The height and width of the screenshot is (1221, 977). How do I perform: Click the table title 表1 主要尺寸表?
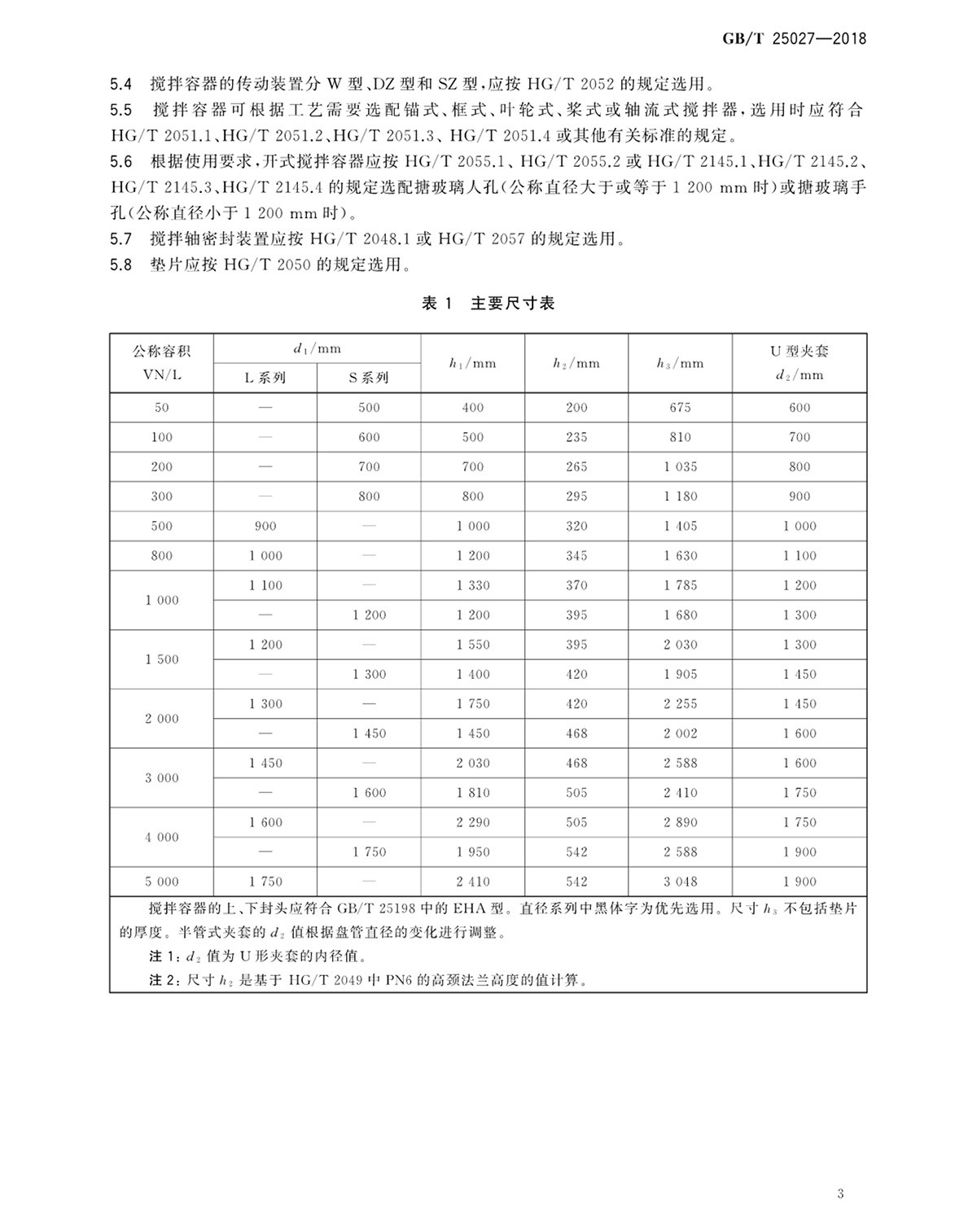[x=488, y=304]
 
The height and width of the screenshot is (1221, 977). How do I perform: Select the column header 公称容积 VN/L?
[x=162, y=363]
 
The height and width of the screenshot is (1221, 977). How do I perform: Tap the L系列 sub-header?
[x=265, y=378]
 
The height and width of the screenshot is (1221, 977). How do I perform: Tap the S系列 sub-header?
[x=369, y=378]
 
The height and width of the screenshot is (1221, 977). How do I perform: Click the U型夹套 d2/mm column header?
[x=800, y=363]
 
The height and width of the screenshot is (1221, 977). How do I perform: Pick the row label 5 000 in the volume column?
[x=162, y=882]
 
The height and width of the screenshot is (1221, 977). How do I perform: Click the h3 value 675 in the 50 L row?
[x=680, y=408]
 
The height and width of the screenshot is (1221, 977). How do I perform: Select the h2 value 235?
[x=576, y=437]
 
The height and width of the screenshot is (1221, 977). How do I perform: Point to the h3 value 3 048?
[x=680, y=882]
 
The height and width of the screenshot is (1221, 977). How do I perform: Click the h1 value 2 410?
[x=473, y=882]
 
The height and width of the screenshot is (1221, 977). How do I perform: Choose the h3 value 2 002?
[x=680, y=733]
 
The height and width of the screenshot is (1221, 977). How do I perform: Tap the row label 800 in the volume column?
[x=162, y=556]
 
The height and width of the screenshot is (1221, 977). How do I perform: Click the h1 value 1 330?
[x=473, y=585]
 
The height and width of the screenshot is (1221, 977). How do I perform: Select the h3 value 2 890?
[x=680, y=822]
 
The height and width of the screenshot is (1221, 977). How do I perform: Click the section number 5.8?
[x=120, y=265]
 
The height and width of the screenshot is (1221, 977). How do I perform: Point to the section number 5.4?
[x=120, y=84]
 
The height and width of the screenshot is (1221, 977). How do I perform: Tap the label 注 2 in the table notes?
[x=161, y=980]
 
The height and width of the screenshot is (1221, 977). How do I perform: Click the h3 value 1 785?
[x=680, y=585]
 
